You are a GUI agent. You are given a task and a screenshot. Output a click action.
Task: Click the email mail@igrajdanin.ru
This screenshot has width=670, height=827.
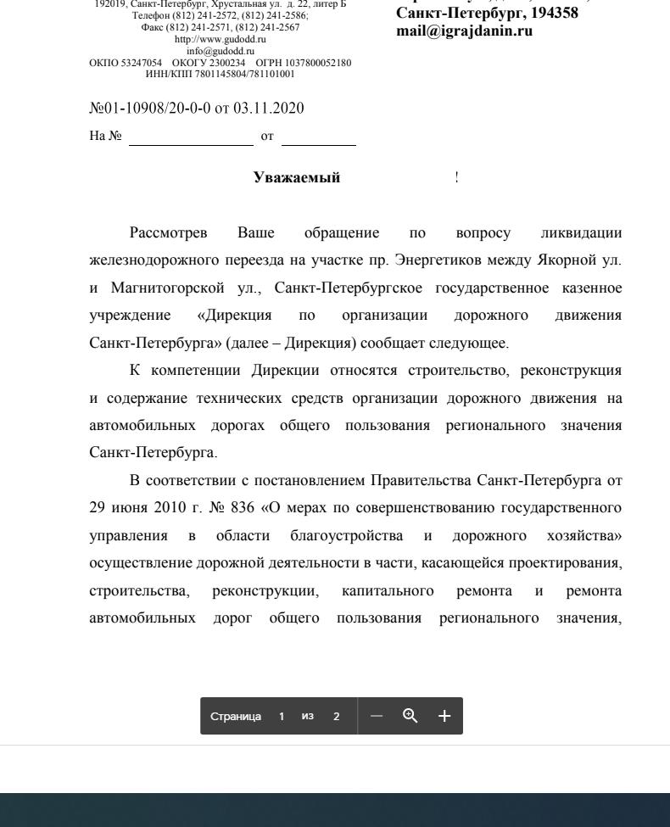[464, 31]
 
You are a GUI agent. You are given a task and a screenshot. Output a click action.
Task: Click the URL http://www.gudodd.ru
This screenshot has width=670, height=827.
[220, 39]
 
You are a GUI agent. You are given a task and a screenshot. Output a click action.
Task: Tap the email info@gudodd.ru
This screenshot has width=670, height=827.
[220, 51]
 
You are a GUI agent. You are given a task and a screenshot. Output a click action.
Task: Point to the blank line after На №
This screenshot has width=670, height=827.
[191, 137]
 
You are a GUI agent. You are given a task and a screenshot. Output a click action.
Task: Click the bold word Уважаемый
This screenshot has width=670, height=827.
[296, 177]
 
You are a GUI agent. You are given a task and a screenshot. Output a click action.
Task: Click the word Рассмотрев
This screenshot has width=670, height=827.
[169, 232]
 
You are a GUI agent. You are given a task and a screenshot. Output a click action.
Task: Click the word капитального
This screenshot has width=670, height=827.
[388, 590]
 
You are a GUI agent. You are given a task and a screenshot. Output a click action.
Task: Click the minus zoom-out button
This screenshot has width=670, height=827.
[377, 716]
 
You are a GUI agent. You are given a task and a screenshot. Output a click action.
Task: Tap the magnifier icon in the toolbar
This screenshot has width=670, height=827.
[410, 716]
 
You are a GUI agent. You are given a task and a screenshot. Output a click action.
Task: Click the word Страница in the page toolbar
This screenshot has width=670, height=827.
[236, 716]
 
